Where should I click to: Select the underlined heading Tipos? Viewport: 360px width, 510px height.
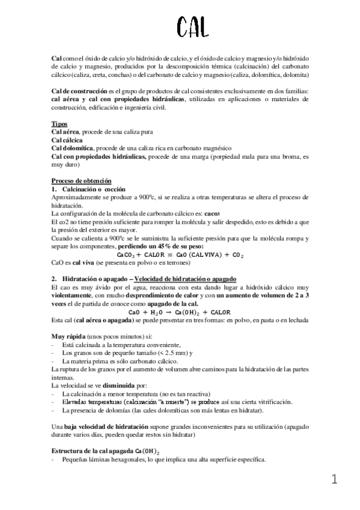pyautogui.click(x=59, y=124)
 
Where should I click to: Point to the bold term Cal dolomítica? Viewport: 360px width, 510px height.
pyautogui.click(x=73, y=148)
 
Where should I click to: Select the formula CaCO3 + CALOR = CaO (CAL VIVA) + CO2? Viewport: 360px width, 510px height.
pyautogui.click(x=180, y=255)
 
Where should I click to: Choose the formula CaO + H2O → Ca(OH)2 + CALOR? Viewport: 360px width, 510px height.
pyautogui.click(x=180, y=312)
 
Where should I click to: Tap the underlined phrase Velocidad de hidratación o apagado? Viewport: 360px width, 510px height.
pyautogui.click(x=186, y=280)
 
